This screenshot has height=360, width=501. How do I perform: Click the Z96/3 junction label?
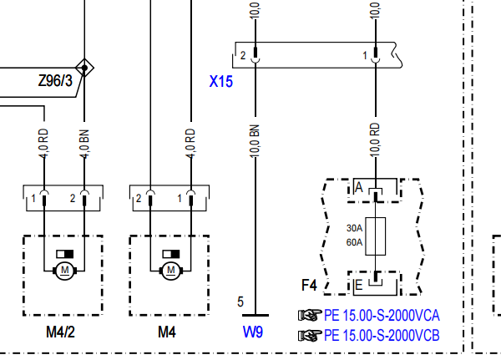(x=55, y=80)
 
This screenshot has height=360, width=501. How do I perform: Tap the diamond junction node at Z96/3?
(x=84, y=68)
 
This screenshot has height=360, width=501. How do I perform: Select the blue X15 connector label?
(x=220, y=81)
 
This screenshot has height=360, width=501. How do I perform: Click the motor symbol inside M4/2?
(x=65, y=271)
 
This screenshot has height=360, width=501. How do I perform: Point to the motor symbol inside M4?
(x=171, y=271)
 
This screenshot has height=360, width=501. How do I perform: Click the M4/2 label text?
(x=60, y=332)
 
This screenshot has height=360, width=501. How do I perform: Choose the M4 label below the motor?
(x=167, y=332)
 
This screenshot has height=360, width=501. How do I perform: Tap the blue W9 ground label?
(x=253, y=332)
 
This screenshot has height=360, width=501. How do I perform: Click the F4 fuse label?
(x=309, y=285)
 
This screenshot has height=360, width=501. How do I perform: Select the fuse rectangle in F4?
(x=376, y=236)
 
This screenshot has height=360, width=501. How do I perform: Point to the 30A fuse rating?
(x=354, y=228)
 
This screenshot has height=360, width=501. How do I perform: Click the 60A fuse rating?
(x=354, y=242)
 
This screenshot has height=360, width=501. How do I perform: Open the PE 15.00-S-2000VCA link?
(x=382, y=315)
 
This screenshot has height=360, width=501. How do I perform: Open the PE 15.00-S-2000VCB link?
(x=382, y=336)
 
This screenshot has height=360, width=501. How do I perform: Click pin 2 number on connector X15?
(x=243, y=56)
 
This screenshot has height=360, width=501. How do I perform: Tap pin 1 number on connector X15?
(x=365, y=56)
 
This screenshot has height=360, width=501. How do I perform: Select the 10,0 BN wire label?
(x=255, y=141)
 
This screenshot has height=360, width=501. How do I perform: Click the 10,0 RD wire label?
(x=376, y=140)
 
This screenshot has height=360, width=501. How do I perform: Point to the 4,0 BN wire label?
(x=84, y=144)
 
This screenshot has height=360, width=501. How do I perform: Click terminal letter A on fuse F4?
(x=359, y=187)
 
